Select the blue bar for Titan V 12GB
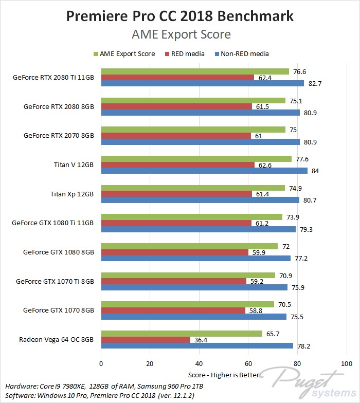point(204,171)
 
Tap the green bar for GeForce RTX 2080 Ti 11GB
point(195,71)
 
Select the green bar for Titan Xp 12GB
point(193,188)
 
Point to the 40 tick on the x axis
point(199,363)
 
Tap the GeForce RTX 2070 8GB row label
point(59,136)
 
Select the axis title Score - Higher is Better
point(224,376)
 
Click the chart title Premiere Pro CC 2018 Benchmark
point(180,16)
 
